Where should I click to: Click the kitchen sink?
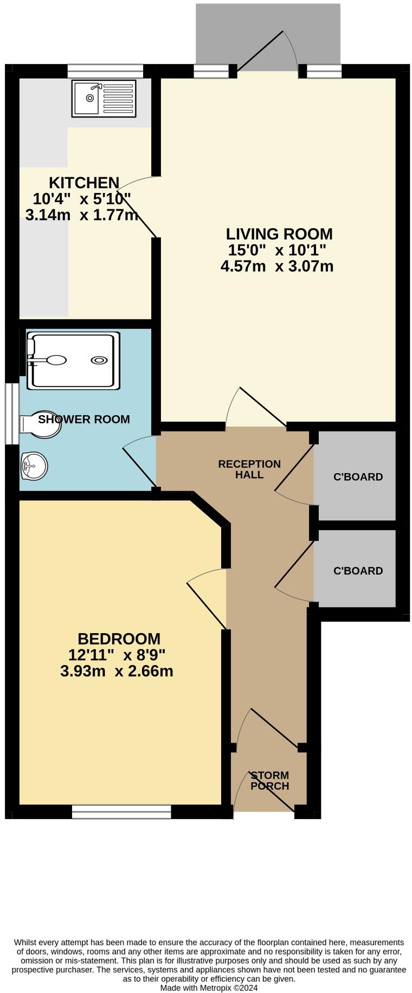(x=104, y=99)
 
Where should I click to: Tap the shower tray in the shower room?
(x=74, y=360)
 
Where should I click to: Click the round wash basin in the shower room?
(x=34, y=466)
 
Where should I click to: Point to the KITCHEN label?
(x=84, y=183)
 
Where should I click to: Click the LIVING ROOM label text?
(x=279, y=234)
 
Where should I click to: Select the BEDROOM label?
(x=119, y=639)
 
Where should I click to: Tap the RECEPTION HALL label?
(x=249, y=469)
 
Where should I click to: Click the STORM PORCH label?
(x=269, y=781)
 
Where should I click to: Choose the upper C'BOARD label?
(x=358, y=477)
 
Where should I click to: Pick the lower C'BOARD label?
(x=358, y=571)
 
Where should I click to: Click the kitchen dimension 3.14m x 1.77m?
(x=81, y=215)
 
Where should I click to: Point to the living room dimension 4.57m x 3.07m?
(x=277, y=266)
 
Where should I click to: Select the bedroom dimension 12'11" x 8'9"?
(x=117, y=655)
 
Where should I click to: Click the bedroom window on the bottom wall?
(x=121, y=811)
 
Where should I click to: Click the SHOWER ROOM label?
(x=84, y=419)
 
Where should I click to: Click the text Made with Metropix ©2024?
(x=209, y=988)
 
